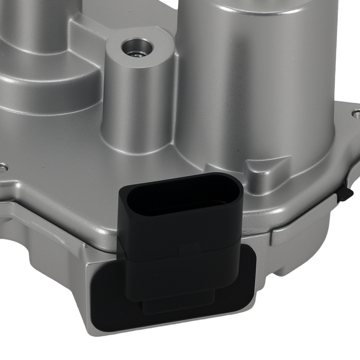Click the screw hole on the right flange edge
pos(356,114)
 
